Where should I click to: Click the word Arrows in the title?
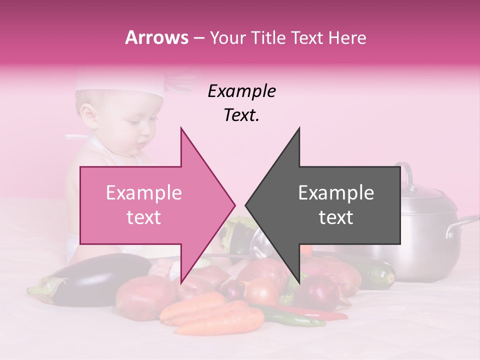(157, 37)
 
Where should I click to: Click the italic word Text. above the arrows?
(241, 115)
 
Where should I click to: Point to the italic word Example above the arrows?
(241, 91)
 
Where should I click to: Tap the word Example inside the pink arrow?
(144, 193)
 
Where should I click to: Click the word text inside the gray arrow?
(336, 217)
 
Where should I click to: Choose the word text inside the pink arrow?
(144, 217)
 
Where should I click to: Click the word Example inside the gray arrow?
(336, 193)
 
